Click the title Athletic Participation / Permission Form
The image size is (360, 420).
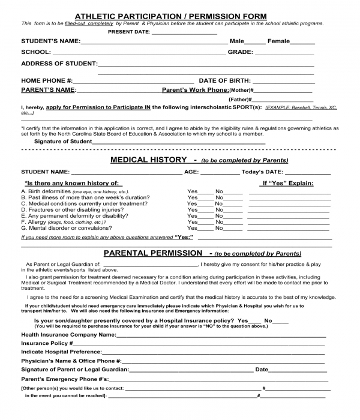click(170, 16)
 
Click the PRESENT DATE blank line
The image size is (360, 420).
click(184, 32)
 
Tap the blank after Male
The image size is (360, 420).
click(254, 43)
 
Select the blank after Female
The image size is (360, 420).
click(302, 43)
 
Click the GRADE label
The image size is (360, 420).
click(240, 53)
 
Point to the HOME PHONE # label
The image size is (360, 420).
click(47, 80)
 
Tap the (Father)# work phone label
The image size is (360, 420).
click(240, 99)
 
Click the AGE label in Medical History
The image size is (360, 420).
click(191, 172)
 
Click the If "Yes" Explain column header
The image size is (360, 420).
click(287, 183)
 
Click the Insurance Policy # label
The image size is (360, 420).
click(47, 343)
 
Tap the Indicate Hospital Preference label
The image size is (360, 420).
click(61, 352)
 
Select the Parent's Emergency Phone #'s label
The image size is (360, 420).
click(65, 380)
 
